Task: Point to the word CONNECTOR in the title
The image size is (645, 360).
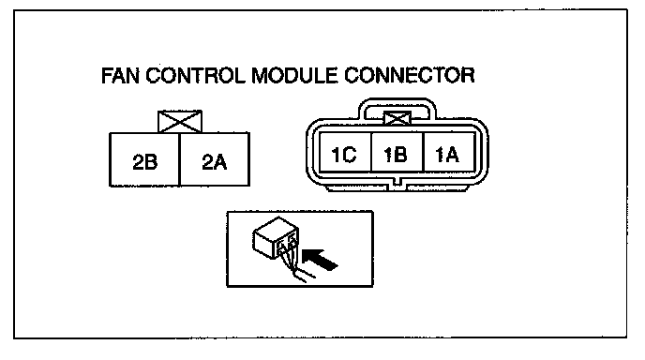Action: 410,75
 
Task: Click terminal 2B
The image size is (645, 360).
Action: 144,159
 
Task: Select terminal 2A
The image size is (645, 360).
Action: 215,159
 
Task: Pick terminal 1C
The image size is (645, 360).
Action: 345,152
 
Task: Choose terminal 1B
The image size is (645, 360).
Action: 397,152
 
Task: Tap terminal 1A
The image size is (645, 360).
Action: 449,152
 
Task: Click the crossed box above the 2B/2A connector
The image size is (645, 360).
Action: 180,121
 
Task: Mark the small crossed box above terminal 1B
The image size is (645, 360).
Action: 397,118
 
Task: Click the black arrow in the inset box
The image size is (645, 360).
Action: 320,260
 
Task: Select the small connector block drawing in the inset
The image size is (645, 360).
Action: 275,238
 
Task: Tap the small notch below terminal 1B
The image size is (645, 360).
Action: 397,182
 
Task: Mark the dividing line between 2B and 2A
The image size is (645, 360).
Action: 180,159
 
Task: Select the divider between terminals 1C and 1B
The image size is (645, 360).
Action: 371,152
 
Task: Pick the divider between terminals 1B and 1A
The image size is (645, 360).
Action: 424,152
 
